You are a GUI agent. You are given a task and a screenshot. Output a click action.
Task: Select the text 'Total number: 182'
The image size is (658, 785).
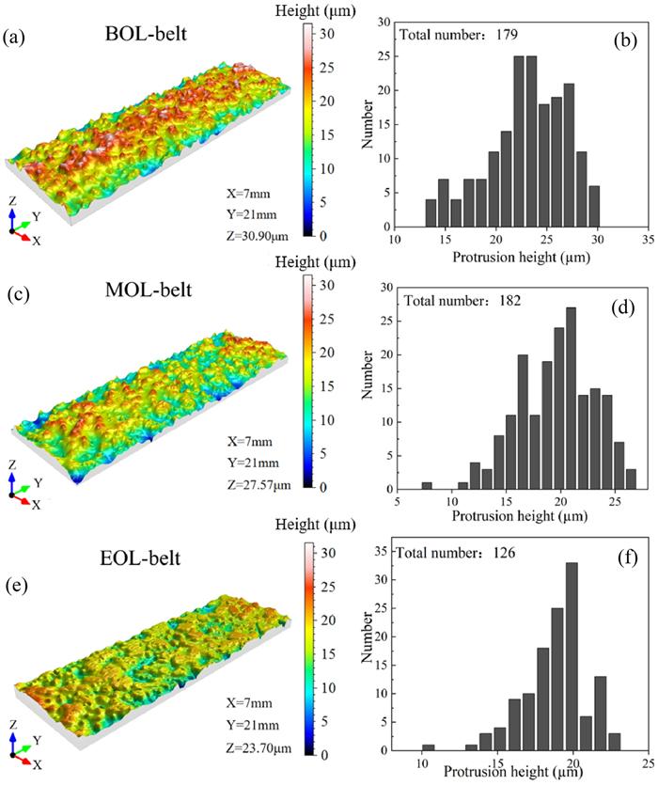[x=461, y=300]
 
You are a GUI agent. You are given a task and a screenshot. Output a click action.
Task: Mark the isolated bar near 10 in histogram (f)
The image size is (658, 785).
[x=429, y=748]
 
